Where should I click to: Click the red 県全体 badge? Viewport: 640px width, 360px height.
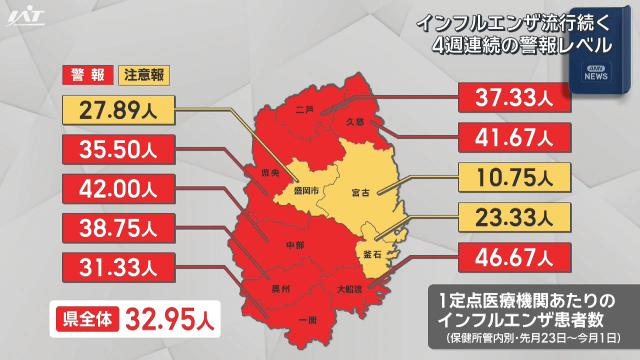89,321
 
